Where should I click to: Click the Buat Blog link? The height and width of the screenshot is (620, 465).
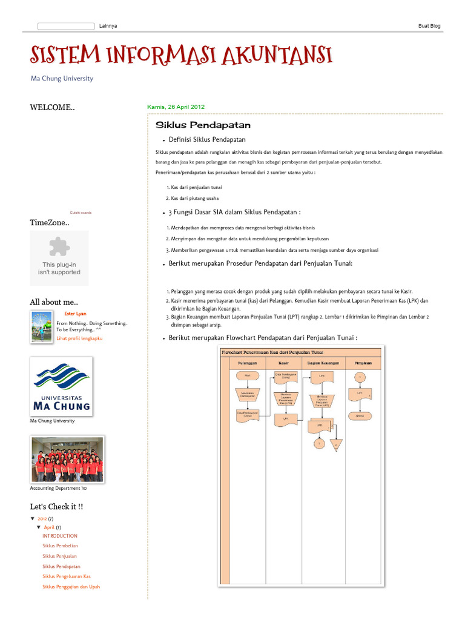(x=429, y=26)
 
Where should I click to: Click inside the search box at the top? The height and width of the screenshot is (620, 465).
(x=65, y=26)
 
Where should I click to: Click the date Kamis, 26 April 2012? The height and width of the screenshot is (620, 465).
(x=176, y=107)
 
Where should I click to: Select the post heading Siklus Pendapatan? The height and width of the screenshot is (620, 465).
(x=203, y=125)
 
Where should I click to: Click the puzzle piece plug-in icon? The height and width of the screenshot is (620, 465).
(x=59, y=246)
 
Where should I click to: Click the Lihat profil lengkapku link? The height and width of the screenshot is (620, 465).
(x=79, y=338)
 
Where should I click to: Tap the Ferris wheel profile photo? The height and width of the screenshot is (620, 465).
(x=41, y=326)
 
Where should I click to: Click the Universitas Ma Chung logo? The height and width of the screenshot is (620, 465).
(x=61, y=386)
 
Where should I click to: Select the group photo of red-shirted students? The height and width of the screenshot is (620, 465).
(x=67, y=460)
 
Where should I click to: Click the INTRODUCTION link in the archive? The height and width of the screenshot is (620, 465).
(x=60, y=536)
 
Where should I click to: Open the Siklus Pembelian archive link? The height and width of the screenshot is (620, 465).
(x=60, y=546)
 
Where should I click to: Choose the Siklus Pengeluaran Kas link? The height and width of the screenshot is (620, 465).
(x=66, y=576)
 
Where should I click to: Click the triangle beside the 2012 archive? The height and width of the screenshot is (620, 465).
(x=33, y=519)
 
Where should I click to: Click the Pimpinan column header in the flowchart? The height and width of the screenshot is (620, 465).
(x=362, y=363)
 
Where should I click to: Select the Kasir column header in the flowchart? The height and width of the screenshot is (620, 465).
(x=283, y=363)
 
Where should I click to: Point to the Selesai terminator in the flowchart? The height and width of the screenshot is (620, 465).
(x=360, y=416)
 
